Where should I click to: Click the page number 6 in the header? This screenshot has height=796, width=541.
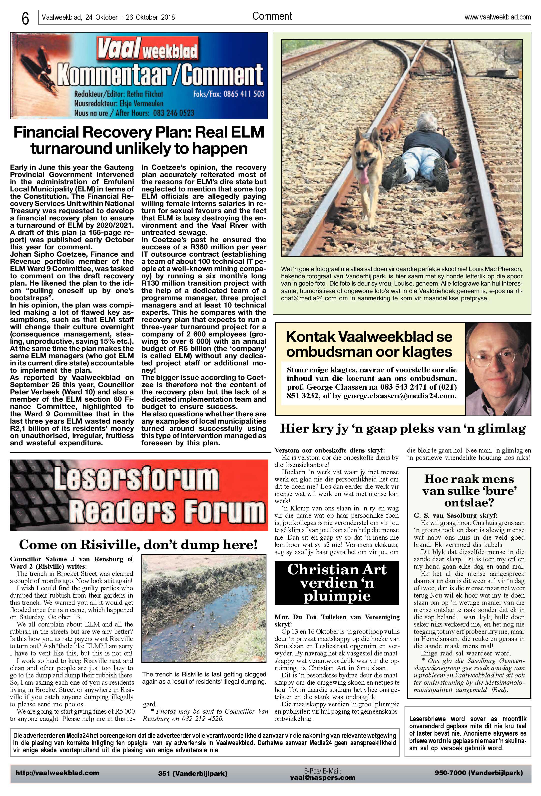pos(25,19)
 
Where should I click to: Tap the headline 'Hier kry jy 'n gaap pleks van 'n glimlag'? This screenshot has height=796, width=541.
pos(403,429)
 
